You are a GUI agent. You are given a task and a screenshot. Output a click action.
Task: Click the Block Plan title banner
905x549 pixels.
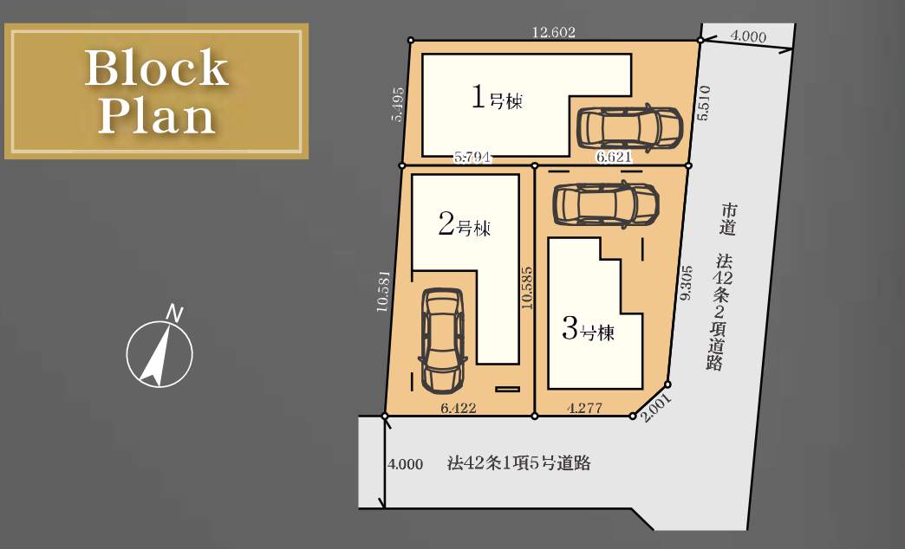tap(156, 91)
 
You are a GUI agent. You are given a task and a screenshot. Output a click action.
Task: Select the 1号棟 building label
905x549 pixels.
tap(497, 98)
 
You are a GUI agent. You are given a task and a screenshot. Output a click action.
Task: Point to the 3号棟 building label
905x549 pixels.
tap(588, 329)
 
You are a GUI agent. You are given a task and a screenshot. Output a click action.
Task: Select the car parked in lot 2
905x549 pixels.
tap(443, 340)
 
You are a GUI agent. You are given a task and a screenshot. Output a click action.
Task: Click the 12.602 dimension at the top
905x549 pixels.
tap(554, 32)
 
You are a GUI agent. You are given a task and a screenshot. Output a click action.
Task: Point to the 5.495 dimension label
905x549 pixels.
tap(398, 104)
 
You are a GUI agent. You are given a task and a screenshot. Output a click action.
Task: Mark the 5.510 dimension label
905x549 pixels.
tap(704, 103)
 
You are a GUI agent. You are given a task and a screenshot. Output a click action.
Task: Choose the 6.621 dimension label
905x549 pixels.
tap(614, 158)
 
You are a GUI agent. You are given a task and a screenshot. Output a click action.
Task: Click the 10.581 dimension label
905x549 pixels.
tap(384, 291)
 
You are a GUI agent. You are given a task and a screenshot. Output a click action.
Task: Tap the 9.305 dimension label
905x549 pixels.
tap(686, 283)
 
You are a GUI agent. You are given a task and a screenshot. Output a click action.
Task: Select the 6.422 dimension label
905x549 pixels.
tap(459, 409)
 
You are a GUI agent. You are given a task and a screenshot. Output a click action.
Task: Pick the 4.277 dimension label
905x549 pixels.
tap(584, 409)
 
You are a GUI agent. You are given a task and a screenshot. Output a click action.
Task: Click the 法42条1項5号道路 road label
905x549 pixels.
tap(519, 463)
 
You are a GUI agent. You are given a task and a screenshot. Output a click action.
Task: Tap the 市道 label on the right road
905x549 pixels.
tap(728, 219)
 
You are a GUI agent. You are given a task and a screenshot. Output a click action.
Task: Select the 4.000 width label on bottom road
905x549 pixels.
tap(405, 464)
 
